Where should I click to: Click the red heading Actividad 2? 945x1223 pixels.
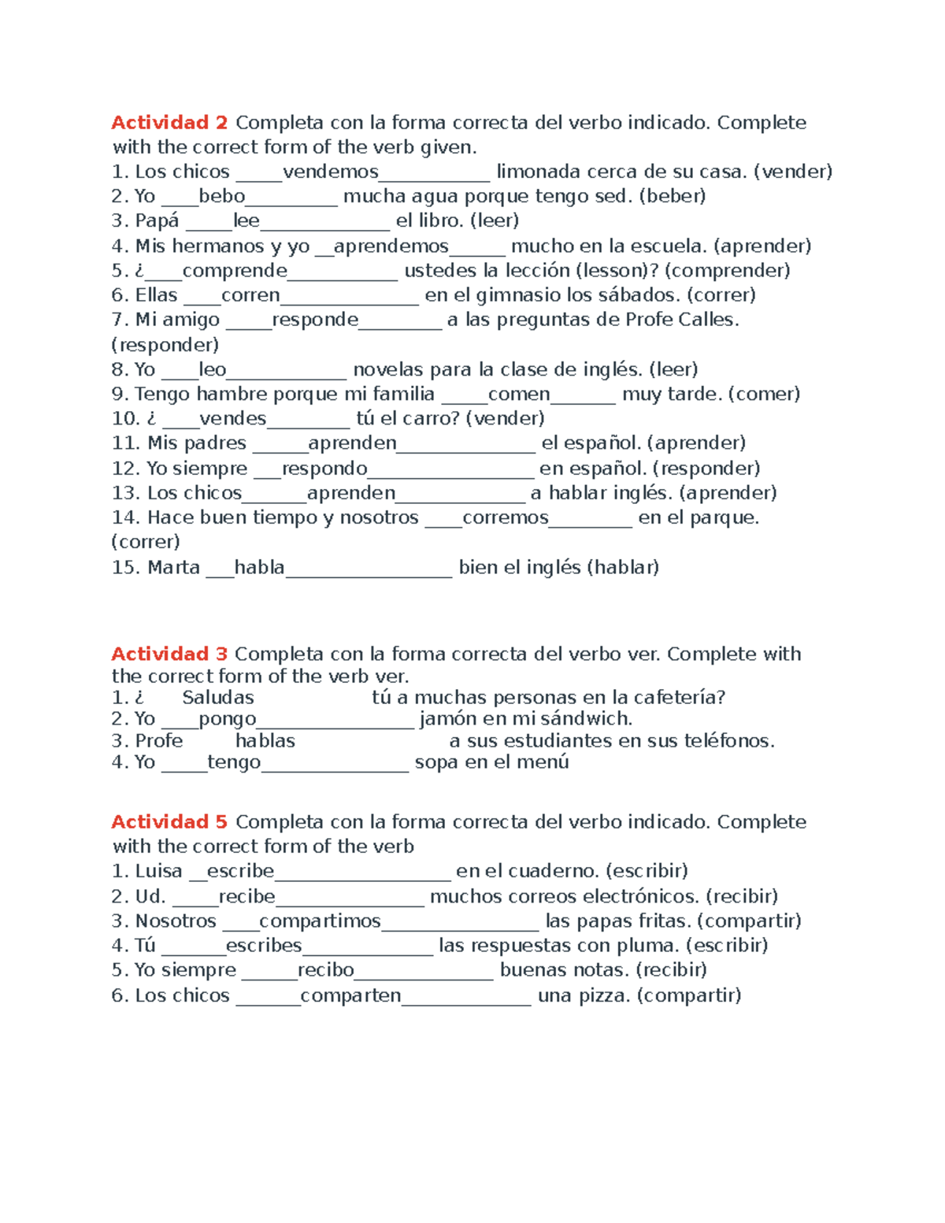pos(169,123)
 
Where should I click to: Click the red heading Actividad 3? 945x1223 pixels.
pos(169,654)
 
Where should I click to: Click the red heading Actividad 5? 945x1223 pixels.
pos(169,822)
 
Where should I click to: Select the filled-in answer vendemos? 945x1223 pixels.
pos(331,172)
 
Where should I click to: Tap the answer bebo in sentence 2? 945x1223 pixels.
pos(222,196)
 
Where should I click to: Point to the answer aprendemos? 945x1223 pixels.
pos(391,246)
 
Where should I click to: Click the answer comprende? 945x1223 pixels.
pos(235,271)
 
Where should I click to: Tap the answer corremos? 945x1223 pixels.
pos(505,518)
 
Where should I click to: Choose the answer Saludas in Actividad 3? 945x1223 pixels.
pos(218,698)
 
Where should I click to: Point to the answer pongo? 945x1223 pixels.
pos(228,719)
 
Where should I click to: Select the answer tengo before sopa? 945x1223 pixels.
pos(234,762)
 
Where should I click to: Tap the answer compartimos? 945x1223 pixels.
pos(320,921)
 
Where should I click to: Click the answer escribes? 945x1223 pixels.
pos(264,946)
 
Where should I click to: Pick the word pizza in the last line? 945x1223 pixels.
pos(606,995)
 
